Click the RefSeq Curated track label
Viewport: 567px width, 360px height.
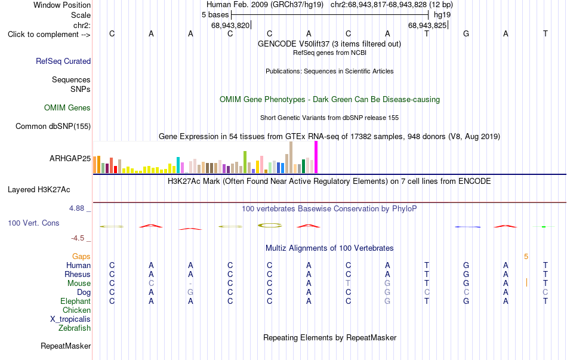pyautogui.click(x=63, y=61)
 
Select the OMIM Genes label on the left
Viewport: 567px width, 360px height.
pyautogui.click(x=67, y=108)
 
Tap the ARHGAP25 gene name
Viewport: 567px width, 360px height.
pyautogui.click(x=70, y=158)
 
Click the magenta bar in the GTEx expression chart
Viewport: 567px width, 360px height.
pyautogui.click(x=316, y=157)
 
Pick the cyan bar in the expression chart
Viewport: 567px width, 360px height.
pyautogui.click(x=178, y=165)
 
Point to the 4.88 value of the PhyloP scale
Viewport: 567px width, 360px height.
pyautogui.click(x=76, y=208)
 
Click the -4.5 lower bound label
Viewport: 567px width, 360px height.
pyautogui.click(x=78, y=238)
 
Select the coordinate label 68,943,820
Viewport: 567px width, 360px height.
pyautogui.click(x=230, y=25)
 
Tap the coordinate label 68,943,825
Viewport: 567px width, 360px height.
pyautogui.click(x=427, y=25)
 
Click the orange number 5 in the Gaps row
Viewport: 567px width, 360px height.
pyautogui.click(x=526, y=257)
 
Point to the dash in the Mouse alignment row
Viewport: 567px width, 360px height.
pyautogui.click(x=190, y=284)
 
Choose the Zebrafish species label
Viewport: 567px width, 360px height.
pyautogui.click(x=75, y=328)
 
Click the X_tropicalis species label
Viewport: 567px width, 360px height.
pyautogui.click(x=70, y=319)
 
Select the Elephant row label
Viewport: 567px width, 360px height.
pyautogui.click(x=76, y=301)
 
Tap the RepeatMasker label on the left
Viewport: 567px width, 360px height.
pyautogui.click(x=66, y=346)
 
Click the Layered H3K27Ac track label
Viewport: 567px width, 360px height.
pyautogui.click(x=39, y=190)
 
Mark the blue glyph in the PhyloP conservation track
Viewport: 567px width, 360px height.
pyautogui.click(x=467, y=227)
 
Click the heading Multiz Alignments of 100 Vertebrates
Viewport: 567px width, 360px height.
pyautogui.click(x=329, y=248)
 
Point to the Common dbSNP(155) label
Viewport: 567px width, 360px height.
pyautogui.click(x=53, y=127)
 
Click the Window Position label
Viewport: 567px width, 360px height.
pyautogui.click(x=62, y=5)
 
